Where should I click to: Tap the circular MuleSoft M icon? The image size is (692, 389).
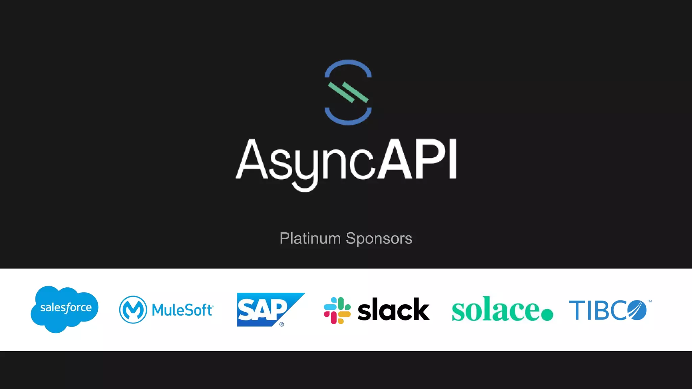tap(133, 309)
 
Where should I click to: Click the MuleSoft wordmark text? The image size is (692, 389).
tap(182, 310)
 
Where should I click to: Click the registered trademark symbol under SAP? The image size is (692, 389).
tap(282, 324)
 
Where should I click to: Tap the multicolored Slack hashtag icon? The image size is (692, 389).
tap(337, 310)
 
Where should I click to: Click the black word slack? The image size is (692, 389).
tap(394, 310)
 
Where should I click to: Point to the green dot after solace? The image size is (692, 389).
tap(547, 315)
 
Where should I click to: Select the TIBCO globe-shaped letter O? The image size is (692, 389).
tap(637, 310)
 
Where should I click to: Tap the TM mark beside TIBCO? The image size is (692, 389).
tap(649, 301)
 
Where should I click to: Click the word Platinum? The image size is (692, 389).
tap(310, 238)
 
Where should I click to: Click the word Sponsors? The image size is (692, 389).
tap(379, 238)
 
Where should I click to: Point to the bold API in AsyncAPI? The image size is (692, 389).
tap(418, 159)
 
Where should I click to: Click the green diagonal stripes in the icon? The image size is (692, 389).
tap(348, 92)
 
